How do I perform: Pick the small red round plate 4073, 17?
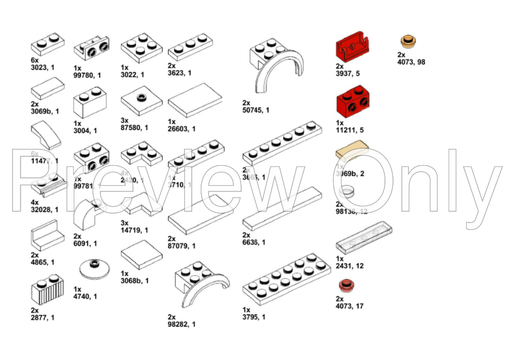point(346,285)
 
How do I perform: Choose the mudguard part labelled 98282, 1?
point(201,284)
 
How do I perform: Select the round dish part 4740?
point(91,267)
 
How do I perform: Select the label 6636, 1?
point(254,242)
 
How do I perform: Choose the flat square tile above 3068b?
point(141,257)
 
